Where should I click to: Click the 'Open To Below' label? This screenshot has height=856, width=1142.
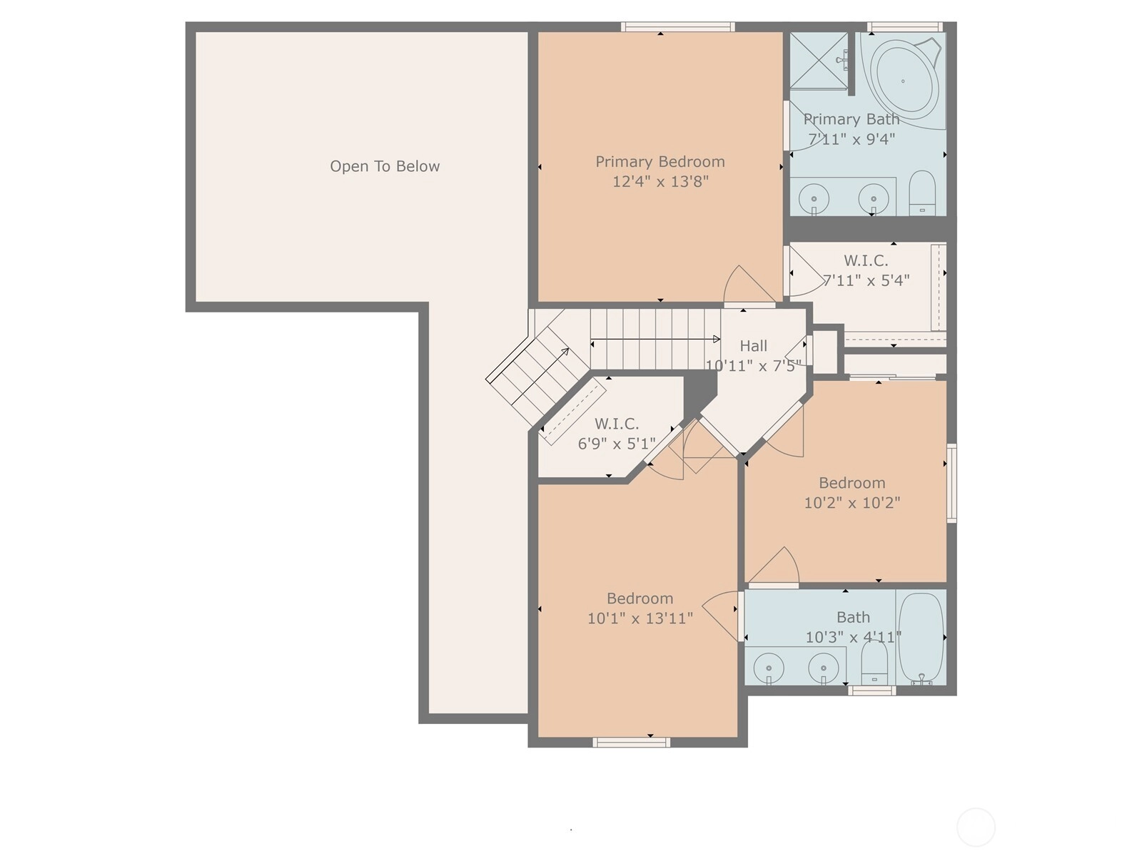[385, 166]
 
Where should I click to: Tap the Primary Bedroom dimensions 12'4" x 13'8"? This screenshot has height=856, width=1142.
[660, 181]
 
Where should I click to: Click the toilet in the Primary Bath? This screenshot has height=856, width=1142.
[922, 193]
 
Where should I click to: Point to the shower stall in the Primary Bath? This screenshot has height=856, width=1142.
[819, 61]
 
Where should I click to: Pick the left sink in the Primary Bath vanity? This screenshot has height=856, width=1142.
[814, 198]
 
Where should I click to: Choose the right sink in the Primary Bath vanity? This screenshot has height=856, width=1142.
[873, 198]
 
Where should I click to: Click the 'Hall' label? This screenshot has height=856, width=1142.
[753, 346]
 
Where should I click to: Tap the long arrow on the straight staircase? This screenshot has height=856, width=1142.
[655, 340]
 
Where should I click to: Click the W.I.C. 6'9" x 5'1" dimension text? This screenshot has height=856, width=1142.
[617, 444]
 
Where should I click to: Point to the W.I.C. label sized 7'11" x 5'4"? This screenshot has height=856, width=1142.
[866, 260]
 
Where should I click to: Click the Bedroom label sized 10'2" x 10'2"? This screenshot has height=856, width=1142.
[852, 483]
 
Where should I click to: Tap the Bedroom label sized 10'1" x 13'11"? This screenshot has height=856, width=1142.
[640, 598]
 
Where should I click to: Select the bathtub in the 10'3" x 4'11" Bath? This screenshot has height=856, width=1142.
[921, 638]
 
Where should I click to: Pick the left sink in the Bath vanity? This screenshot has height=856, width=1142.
[769, 668]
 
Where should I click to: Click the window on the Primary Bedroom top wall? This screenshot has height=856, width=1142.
[678, 27]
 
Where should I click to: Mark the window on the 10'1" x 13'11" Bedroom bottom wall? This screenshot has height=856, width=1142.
[631, 742]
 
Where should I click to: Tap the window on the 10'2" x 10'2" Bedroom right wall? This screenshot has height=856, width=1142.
[951, 483]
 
